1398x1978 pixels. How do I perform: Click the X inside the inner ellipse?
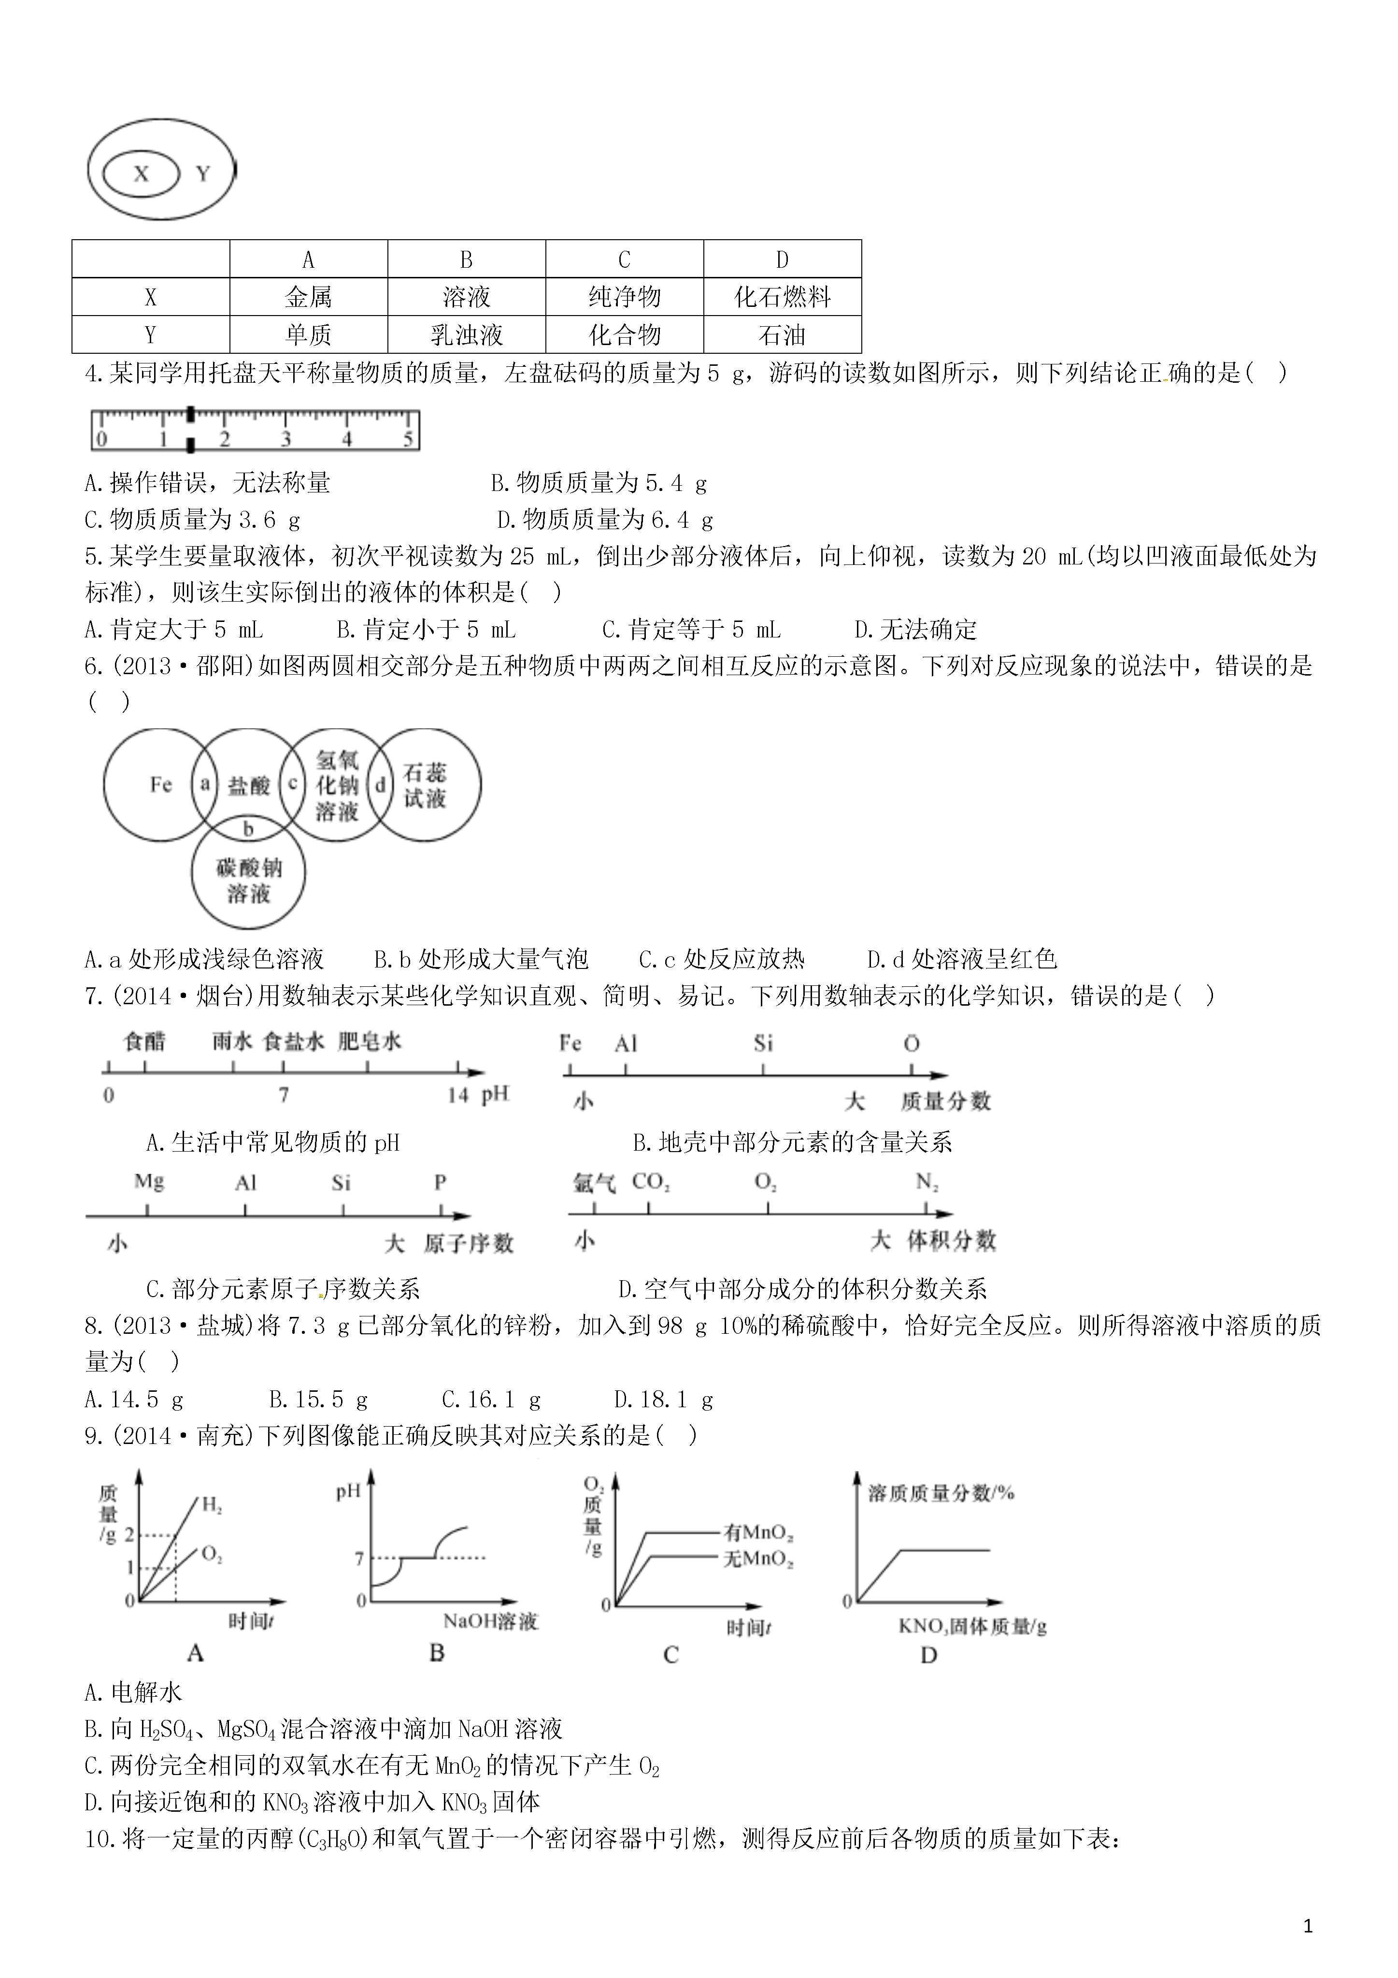(x=141, y=174)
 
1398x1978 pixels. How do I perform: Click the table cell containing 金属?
(x=308, y=297)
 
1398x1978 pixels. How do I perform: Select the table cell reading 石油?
(x=782, y=334)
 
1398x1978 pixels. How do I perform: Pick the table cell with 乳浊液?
(x=466, y=334)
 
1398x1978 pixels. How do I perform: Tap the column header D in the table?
(x=782, y=260)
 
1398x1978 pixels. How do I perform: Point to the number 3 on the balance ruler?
(x=286, y=439)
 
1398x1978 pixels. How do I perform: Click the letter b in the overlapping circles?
(x=248, y=829)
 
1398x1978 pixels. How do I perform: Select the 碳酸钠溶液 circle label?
(x=249, y=881)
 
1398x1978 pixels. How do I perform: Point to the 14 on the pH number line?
(x=457, y=1095)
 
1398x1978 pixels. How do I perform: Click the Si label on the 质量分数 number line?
(x=763, y=1044)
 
